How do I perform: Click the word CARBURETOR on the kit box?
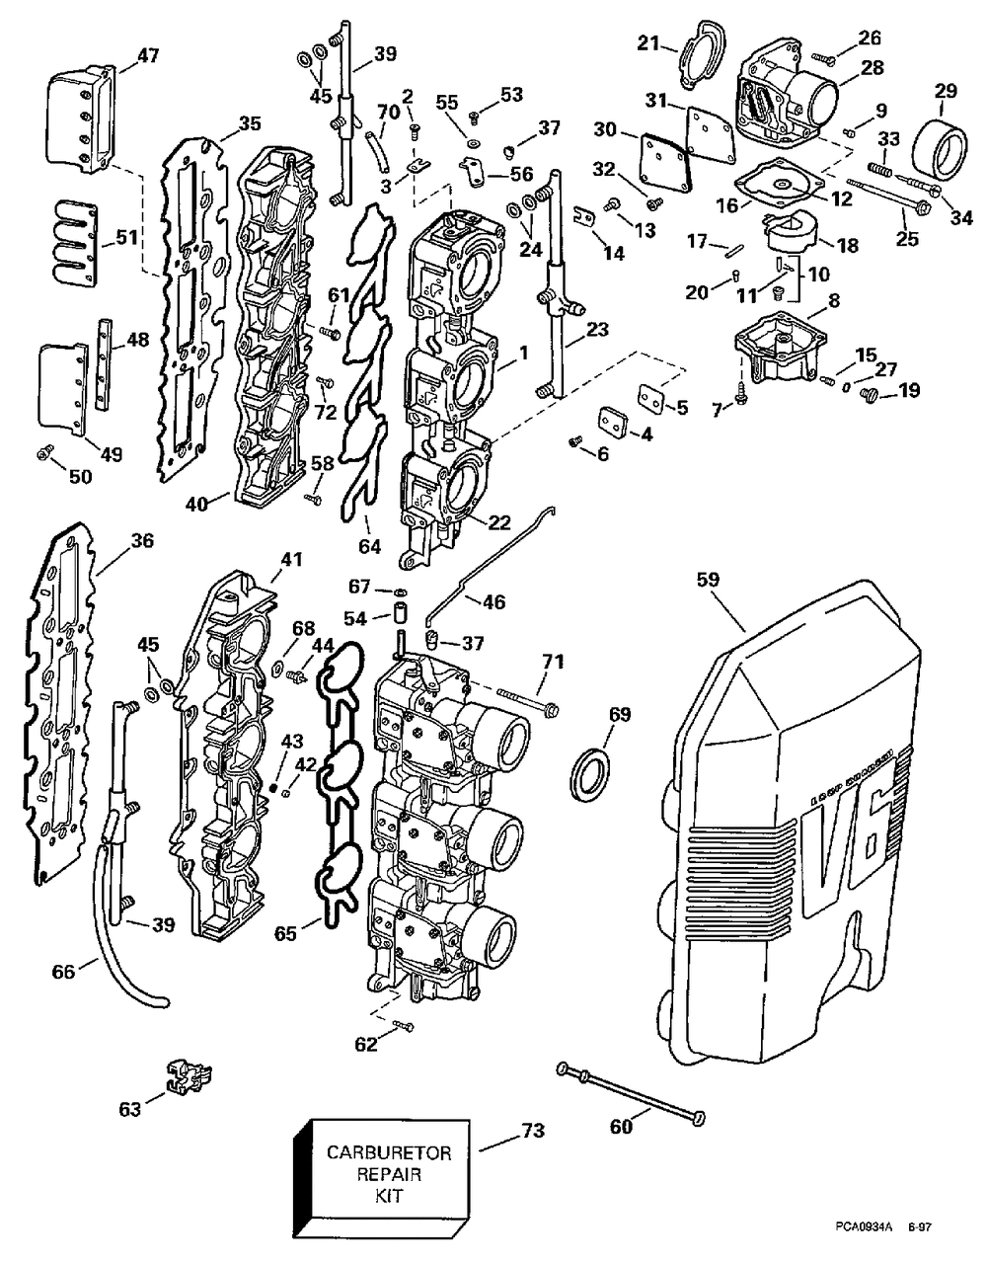pyautogui.click(x=375, y=1152)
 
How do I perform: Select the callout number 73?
pyautogui.click(x=532, y=1131)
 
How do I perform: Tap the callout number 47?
pyautogui.click(x=148, y=56)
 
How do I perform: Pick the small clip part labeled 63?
pyautogui.click(x=187, y=1076)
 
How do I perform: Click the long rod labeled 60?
pyautogui.click(x=632, y=1093)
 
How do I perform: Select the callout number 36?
pyautogui.click(x=143, y=541)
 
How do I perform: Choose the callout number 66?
pyautogui.click(x=63, y=973)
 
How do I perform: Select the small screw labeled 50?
pyautogui.click(x=44, y=453)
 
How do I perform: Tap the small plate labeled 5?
pyautogui.click(x=648, y=398)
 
